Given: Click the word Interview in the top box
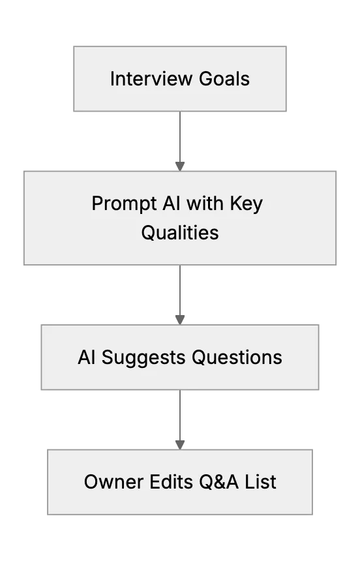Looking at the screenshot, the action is (x=152, y=79).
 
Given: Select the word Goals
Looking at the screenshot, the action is (x=224, y=79).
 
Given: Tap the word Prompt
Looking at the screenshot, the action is (x=124, y=204).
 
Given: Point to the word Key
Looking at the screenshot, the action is (x=247, y=204).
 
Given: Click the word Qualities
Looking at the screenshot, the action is (x=180, y=233).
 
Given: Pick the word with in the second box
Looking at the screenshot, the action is (x=205, y=204).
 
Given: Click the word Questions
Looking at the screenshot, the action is (x=237, y=357).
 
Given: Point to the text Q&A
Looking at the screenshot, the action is (x=218, y=482).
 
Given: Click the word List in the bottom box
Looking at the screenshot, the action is (x=260, y=482).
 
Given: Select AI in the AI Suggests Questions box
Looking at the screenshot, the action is (x=87, y=357).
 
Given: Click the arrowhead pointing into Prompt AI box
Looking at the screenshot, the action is (x=180, y=166).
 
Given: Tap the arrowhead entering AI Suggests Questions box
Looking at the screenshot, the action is (x=180, y=320).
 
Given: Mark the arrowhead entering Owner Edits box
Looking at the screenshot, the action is (x=180, y=445).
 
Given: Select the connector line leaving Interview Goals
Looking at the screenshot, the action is (x=180, y=137).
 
